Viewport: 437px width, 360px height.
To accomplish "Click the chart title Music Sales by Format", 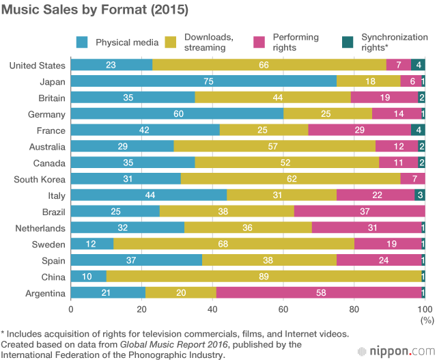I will (x=95, y=11).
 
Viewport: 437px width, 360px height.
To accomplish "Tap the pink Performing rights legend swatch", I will (x=259, y=42).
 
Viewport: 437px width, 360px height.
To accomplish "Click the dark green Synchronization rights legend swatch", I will (x=348, y=42).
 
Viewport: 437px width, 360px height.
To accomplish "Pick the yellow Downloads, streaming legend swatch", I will (x=171, y=42).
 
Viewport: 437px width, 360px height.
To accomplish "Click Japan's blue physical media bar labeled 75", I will (x=203, y=81).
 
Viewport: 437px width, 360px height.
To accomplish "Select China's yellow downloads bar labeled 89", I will (x=264, y=277).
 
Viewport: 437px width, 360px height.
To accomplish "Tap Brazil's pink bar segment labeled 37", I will (x=360, y=212).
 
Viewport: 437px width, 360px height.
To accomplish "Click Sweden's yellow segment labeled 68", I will (x=234, y=245).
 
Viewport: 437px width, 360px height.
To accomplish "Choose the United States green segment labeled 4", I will (x=418, y=66).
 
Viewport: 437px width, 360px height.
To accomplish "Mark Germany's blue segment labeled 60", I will (x=177, y=114).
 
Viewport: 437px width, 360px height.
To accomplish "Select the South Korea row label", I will (x=40, y=179).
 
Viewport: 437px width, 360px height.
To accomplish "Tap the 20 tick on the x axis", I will (x=141, y=309).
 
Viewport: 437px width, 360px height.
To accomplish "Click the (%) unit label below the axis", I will (x=427, y=319).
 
